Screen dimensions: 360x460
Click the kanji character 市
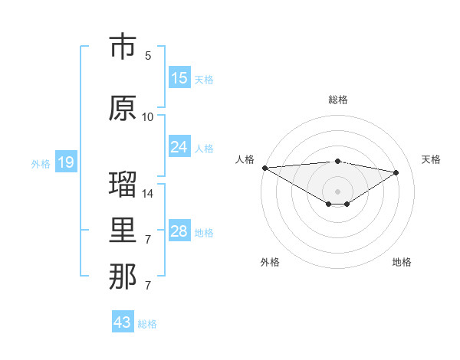[123, 47]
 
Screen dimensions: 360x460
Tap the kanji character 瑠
[123, 184]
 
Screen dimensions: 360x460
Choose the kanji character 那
[123, 277]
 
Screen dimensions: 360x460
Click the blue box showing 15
[179, 78]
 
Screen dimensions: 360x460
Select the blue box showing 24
[179, 147]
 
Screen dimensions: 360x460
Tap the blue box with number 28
[179, 231]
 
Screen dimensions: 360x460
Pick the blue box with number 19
[65, 162]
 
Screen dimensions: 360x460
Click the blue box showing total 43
[123, 322]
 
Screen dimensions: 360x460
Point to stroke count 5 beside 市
[148, 56]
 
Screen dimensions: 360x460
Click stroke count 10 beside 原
[148, 116]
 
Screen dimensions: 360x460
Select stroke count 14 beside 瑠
[148, 193]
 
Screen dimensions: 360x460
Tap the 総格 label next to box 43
[147, 324]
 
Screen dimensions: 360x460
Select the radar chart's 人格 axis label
[245, 159]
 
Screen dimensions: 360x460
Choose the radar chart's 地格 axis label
[402, 262]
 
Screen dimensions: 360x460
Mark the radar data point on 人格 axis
[264, 168]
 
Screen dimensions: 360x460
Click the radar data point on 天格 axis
[396, 172]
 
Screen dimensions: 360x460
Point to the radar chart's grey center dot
[337, 190]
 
